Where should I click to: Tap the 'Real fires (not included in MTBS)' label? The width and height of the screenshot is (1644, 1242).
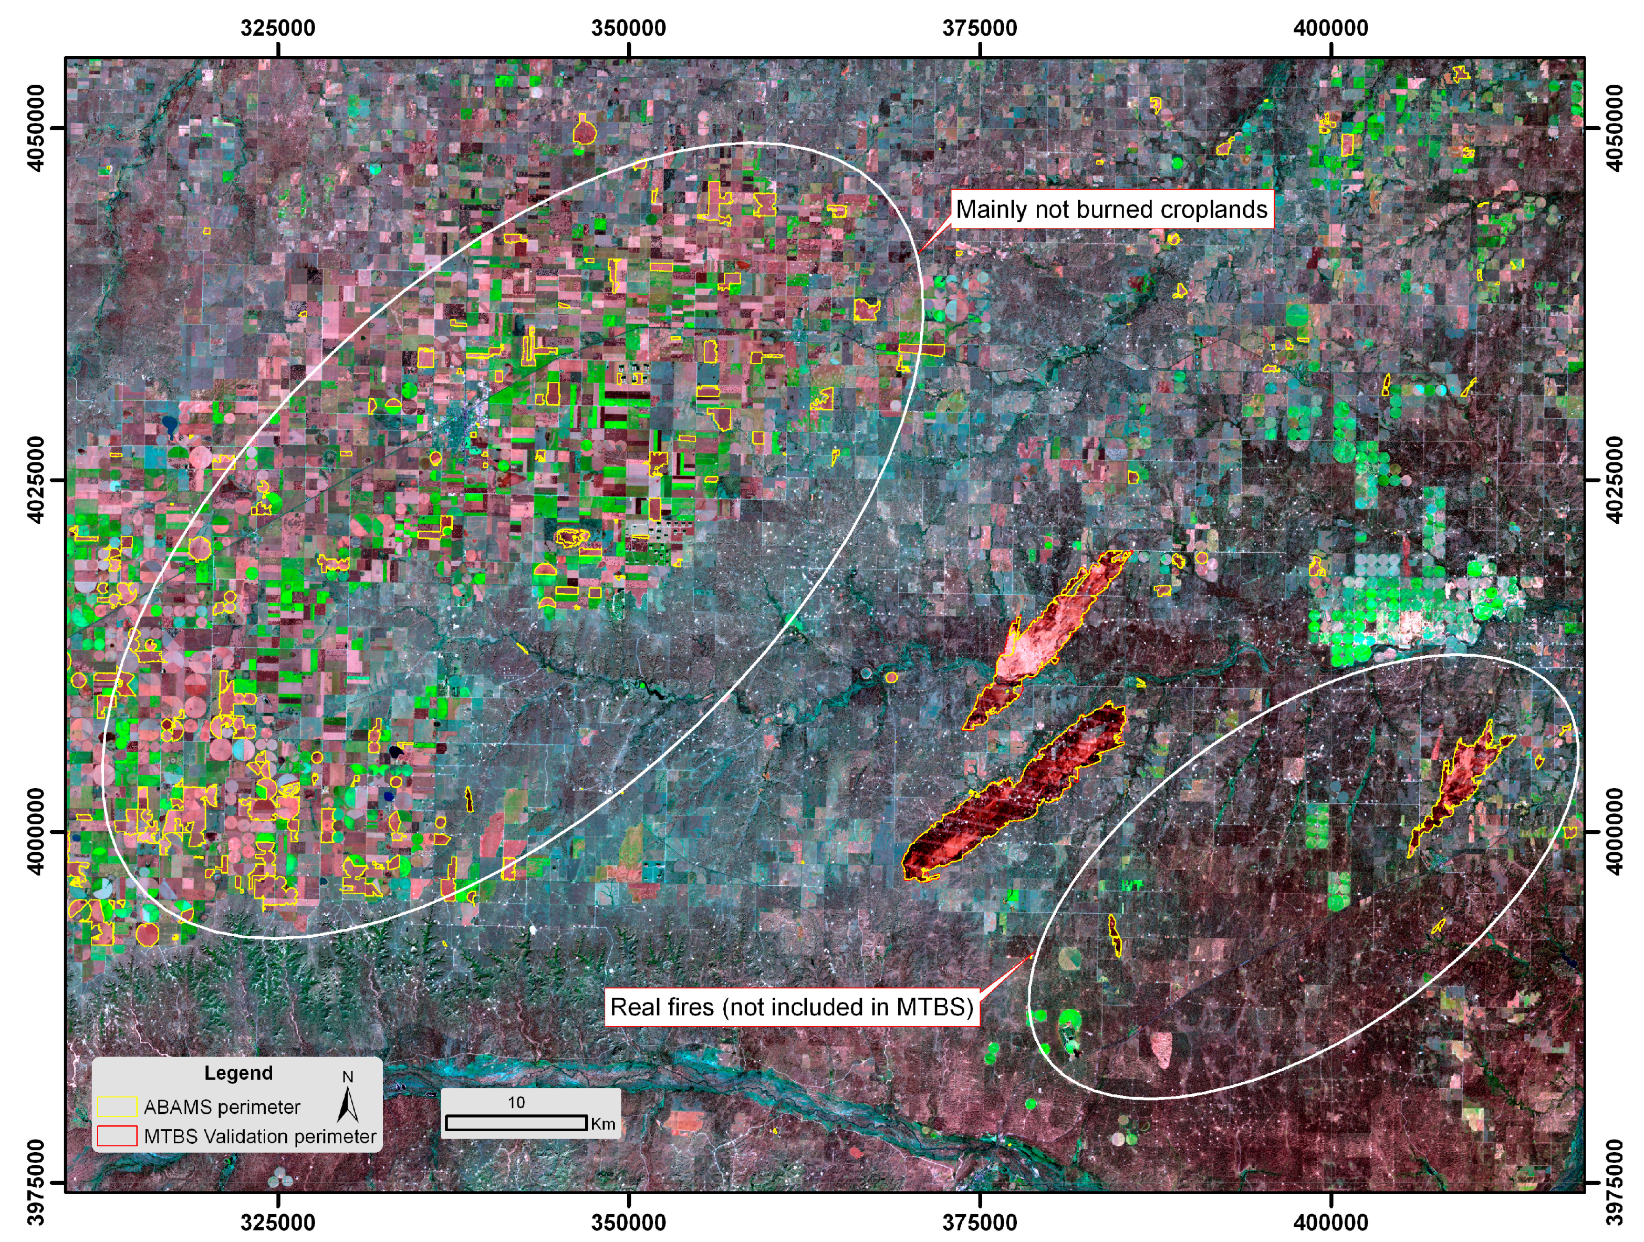coord(792,1007)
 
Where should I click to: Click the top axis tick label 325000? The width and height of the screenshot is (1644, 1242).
coord(279,28)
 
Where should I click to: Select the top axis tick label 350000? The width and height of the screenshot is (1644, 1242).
coord(630,28)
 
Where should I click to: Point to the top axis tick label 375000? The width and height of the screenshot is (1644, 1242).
coord(980,28)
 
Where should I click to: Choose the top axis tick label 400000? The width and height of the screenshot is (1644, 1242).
coord(1331,28)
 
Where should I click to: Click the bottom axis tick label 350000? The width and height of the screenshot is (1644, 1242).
coord(630,1222)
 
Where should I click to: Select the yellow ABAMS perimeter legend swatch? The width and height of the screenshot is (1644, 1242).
coord(117,1107)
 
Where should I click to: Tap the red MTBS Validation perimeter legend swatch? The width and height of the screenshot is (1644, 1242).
coord(117,1136)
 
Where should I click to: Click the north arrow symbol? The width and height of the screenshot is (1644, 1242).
coord(348,1104)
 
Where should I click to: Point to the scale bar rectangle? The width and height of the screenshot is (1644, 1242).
coord(516,1122)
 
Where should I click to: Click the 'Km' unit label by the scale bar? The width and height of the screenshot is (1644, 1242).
coord(603,1124)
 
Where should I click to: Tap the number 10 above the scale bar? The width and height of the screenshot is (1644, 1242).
coord(516,1102)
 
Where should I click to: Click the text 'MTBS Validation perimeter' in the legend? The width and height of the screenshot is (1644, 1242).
coord(260,1136)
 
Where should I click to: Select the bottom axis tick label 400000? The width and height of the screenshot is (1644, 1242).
coord(1331,1222)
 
